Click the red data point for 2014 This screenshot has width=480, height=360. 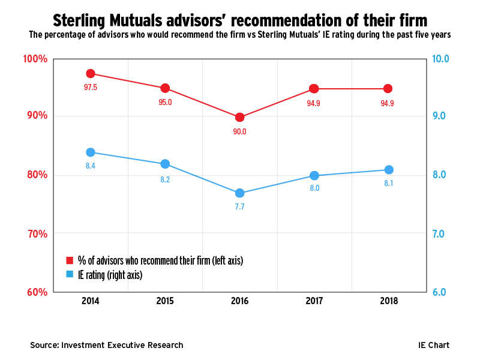[x=91, y=74]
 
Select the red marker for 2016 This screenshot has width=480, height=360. [x=239, y=118]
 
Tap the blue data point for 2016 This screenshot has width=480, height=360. [x=239, y=193]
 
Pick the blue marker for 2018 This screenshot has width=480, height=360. [x=388, y=170]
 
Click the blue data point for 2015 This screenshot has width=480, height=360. [x=165, y=164]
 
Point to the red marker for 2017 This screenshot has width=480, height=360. [x=314, y=89]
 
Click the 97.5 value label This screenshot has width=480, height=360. [x=91, y=88]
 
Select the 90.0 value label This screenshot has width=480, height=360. [x=239, y=131]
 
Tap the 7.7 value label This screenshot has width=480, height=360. [x=239, y=206]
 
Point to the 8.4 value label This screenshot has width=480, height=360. [x=91, y=166]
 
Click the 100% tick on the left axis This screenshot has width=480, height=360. [x=35, y=59]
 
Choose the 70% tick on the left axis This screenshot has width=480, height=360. [x=36, y=234]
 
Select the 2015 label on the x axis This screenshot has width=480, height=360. [x=165, y=301]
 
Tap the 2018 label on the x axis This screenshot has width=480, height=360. [x=388, y=301]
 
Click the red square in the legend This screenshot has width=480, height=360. [x=69, y=260]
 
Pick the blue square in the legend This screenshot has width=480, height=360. [x=69, y=274]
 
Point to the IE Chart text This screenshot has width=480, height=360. [x=434, y=345]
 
